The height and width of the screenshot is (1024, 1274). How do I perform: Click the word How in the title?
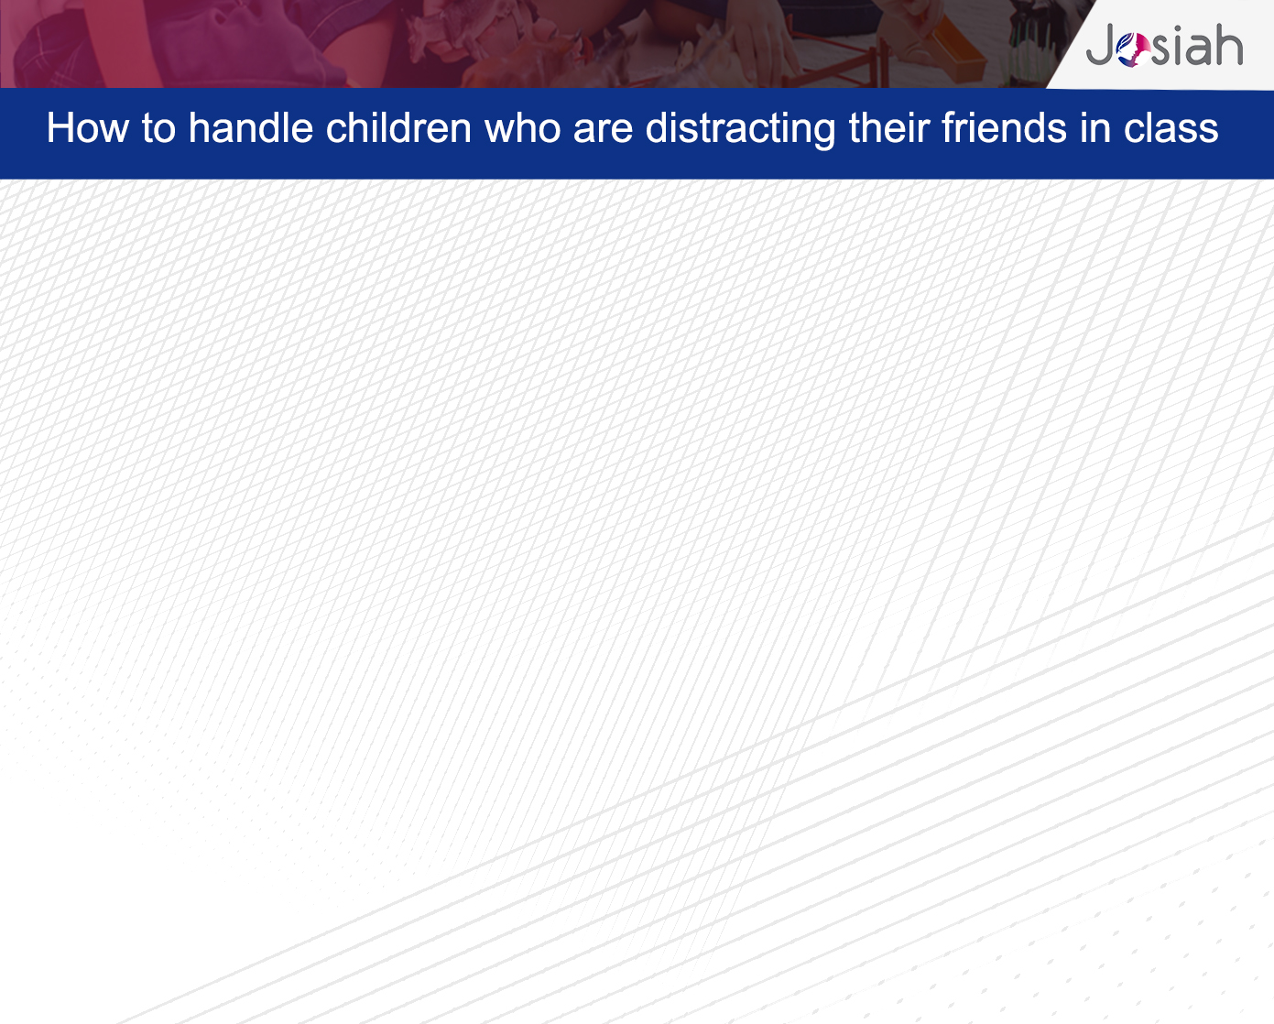click(88, 127)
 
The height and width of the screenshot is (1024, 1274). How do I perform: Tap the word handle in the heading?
click(250, 127)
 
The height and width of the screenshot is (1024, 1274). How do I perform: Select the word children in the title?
click(398, 127)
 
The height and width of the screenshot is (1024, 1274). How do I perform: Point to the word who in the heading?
click(522, 127)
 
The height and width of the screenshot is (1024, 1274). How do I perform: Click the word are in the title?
click(604, 130)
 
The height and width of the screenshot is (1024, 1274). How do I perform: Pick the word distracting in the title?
click(741, 129)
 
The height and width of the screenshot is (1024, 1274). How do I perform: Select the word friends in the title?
click(1005, 127)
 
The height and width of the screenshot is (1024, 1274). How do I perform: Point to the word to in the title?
click(158, 128)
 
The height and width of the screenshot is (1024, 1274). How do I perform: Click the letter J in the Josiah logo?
click(1100, 44)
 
